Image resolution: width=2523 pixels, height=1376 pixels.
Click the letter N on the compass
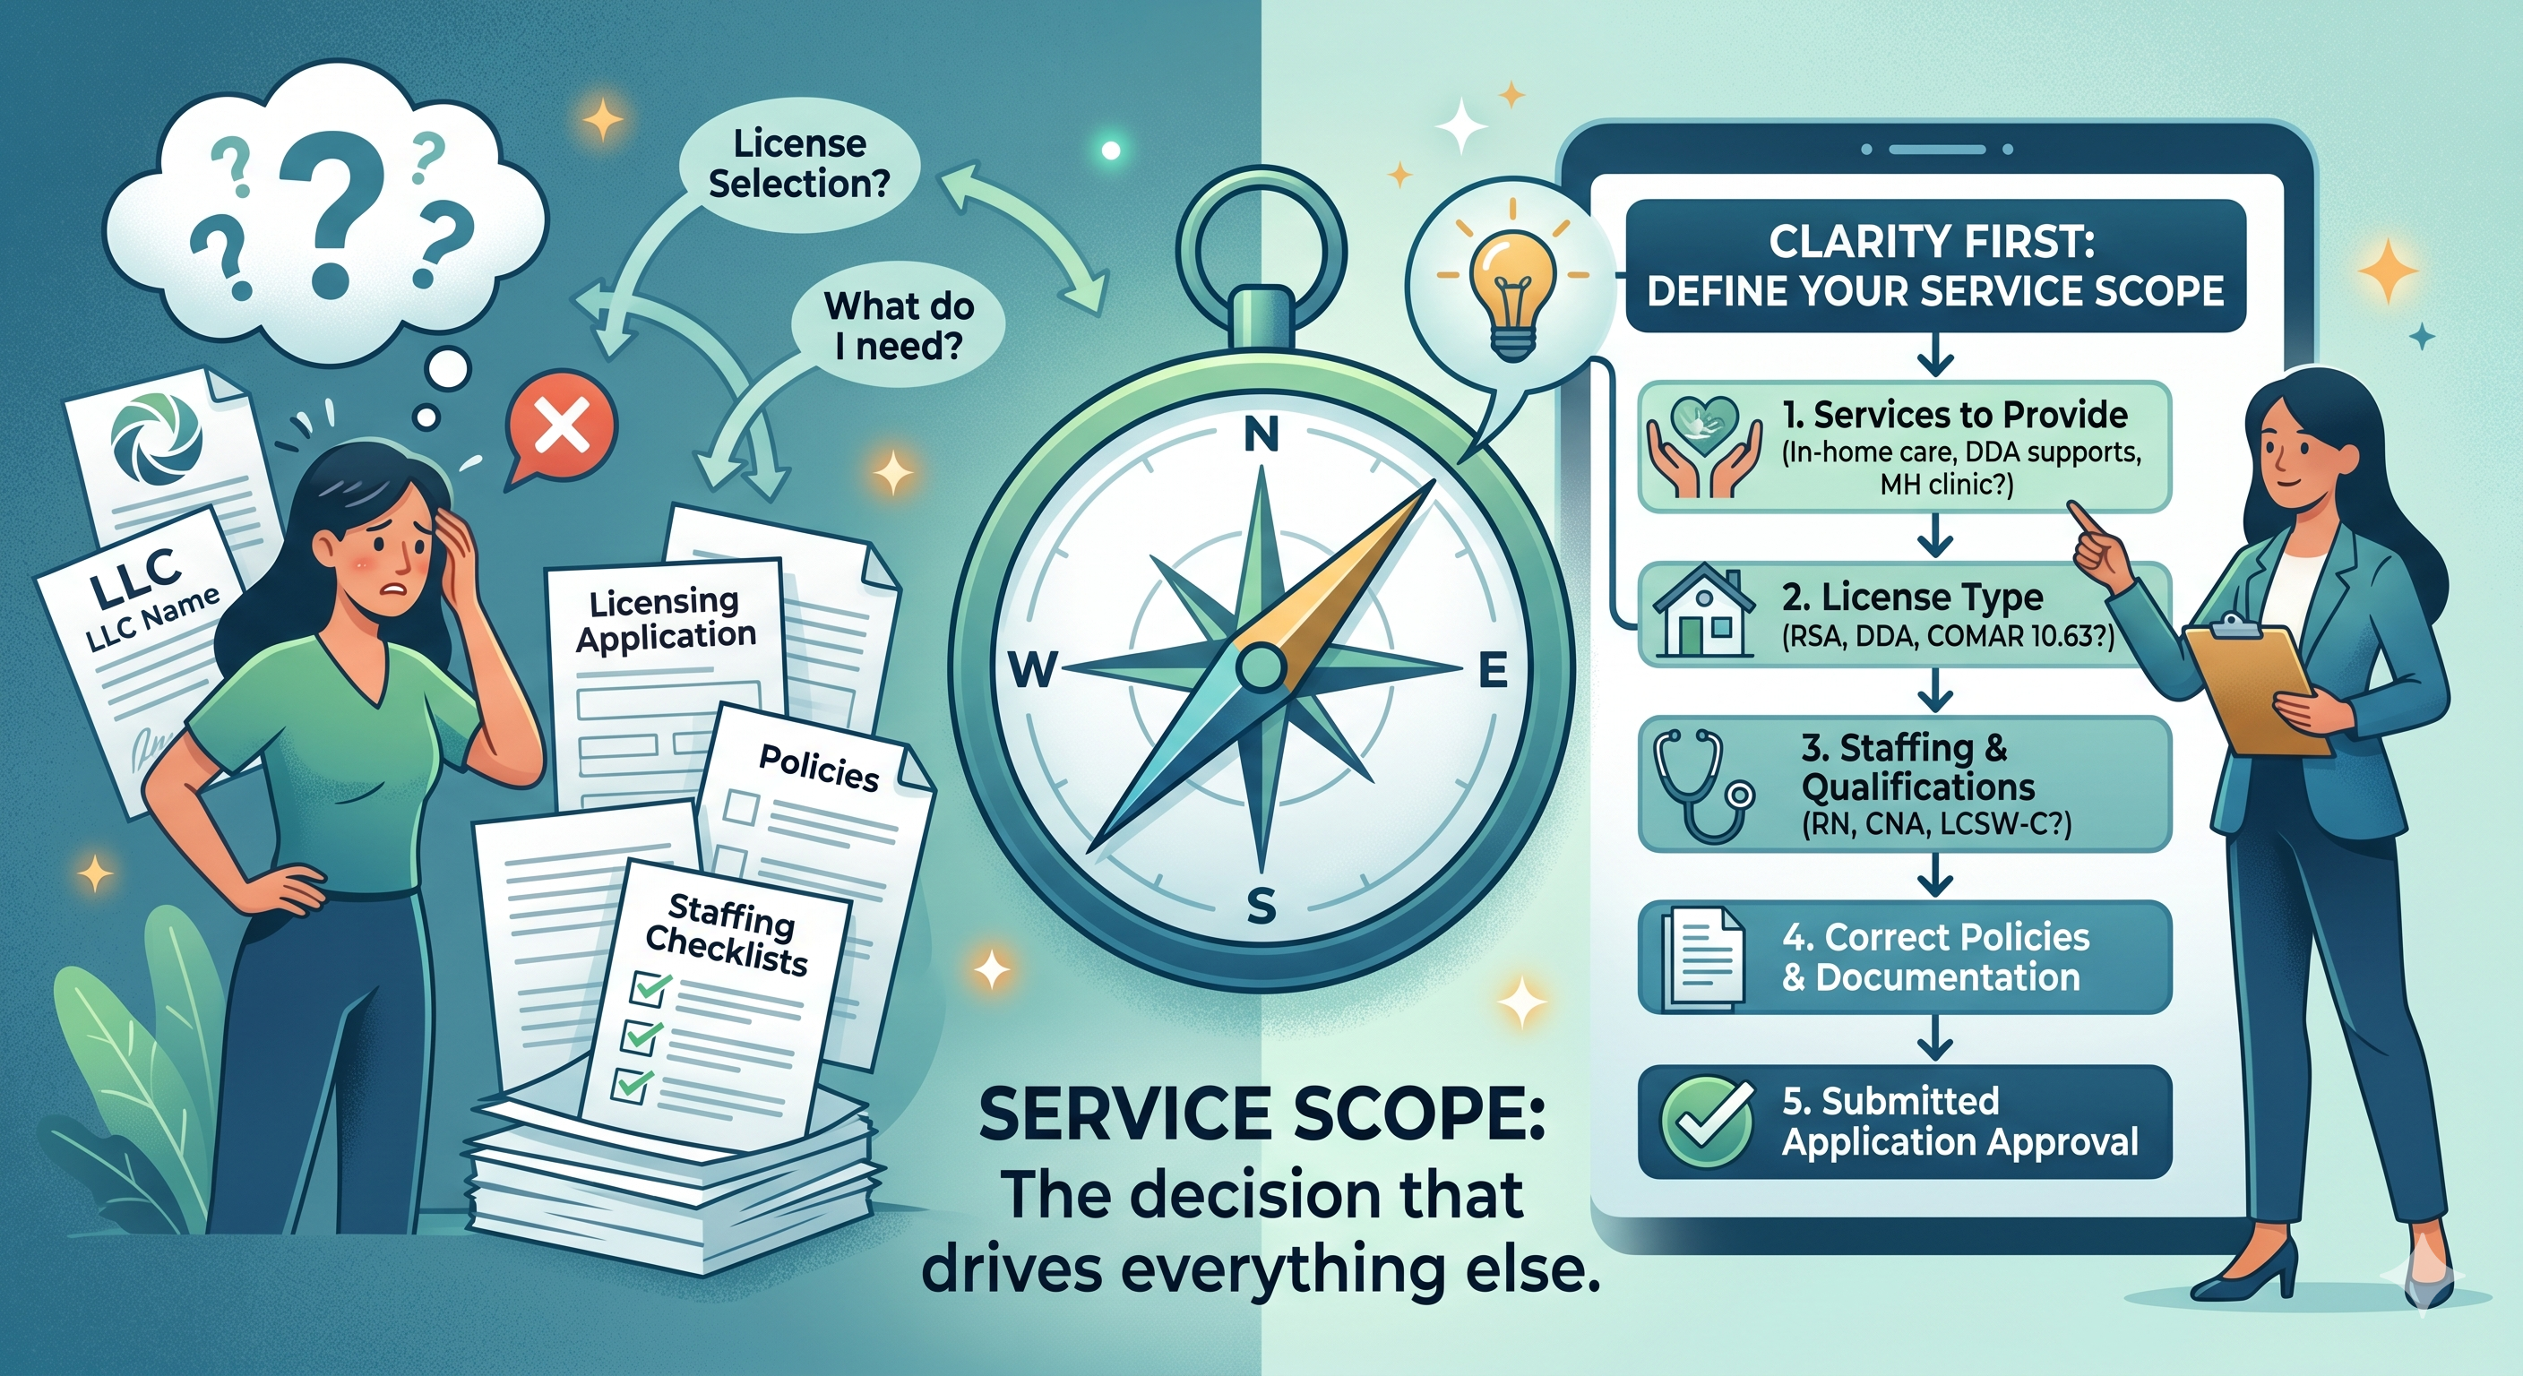1261,434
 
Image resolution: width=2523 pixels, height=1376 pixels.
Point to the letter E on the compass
1493,671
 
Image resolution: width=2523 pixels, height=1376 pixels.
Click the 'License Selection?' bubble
798,164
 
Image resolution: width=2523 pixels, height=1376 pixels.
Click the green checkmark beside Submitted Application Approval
1707,1122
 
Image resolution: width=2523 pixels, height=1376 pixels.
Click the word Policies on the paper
819,768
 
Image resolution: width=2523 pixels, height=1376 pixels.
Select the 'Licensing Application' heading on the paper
665,619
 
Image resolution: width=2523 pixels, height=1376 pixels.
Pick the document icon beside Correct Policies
1704,957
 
